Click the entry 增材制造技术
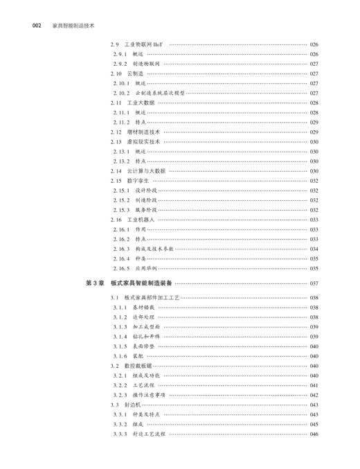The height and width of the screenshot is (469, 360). [x=144, y=132]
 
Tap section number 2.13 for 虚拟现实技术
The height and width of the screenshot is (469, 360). [x=117, y=141]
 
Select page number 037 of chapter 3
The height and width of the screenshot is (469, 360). [x=314, y=283]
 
